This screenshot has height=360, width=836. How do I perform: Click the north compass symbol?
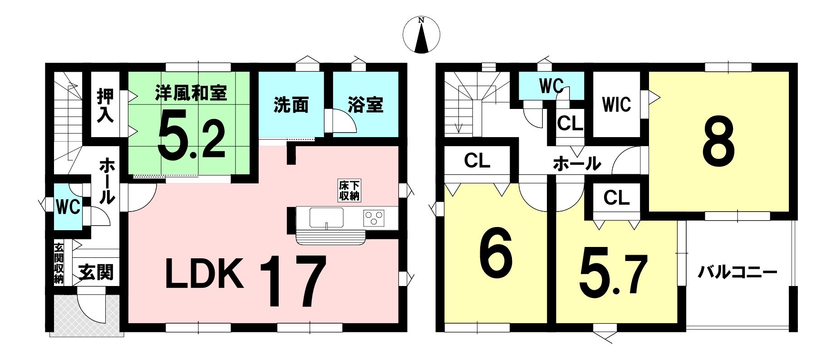[x=422, y=35]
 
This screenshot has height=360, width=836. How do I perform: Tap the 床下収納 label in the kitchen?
[x=349, y=191]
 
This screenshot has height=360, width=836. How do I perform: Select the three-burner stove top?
[x=374, y=217]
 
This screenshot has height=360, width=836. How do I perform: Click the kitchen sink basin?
[x=326, y=217]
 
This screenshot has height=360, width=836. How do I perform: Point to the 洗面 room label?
[x=291, y=105]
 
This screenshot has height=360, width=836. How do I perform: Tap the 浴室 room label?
[x=366, y=105]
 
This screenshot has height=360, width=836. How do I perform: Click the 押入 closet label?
[x=105, y=105]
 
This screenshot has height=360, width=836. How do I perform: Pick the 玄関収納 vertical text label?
[x=59, y=264]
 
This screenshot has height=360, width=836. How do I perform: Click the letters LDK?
[x=204, y=273]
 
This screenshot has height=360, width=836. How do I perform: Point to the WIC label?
[x=617, y=104]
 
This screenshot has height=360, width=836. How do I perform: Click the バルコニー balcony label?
[x=738, y=272]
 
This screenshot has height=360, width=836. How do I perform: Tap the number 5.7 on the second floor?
[x=613, y=275]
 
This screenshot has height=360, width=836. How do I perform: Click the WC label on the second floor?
[x=551, y=85]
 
